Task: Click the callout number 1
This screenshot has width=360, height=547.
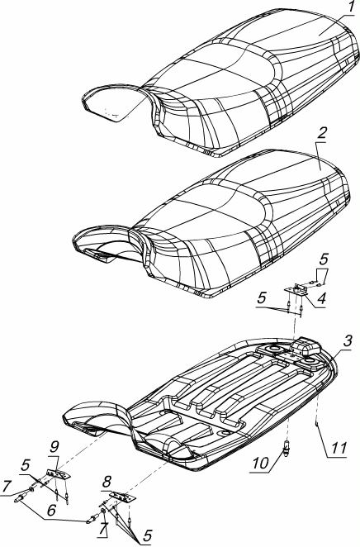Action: (351, 7)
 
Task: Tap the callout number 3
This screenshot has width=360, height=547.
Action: (347, 341)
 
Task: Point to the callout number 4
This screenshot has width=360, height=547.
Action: (321, 299)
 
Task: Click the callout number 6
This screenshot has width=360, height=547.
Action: (51, 511)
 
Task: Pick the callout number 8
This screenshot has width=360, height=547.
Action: (107, 483)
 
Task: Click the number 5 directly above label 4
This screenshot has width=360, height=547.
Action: (324, 260)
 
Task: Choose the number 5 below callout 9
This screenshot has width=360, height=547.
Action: (26, 466)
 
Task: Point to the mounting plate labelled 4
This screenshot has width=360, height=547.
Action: (296, 291)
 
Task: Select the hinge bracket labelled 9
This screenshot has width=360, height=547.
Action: (58, 474)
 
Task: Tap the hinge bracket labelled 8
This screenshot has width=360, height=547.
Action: (121, 497)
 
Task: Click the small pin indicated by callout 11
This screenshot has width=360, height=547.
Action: (315, 424)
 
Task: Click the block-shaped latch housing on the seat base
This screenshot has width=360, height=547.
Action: (306, 346)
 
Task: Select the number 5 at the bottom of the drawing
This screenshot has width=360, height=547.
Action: (148, 535)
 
